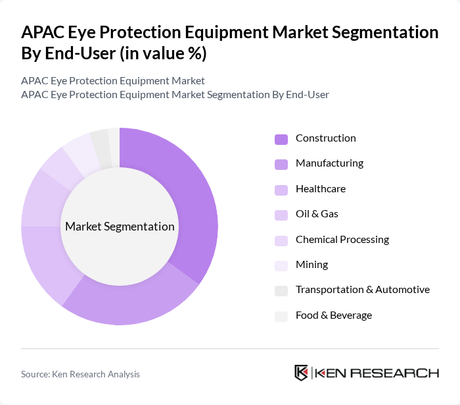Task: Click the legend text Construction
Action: tap(325, 138)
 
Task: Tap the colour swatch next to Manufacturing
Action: tap(281, 164)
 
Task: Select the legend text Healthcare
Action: tap(320, 189)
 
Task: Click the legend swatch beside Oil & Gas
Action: tap(281, 215)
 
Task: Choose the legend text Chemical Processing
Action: tap(342, 240)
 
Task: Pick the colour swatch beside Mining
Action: tap(281, 265)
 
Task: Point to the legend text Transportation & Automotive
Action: tap(362, 290)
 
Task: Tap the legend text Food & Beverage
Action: tap(333, 315)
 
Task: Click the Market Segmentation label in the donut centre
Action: tap(120, 227)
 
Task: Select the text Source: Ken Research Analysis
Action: tap(80, 374)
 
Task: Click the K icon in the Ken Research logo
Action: tap(301, 373)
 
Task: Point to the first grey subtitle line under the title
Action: tap(112, 80)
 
